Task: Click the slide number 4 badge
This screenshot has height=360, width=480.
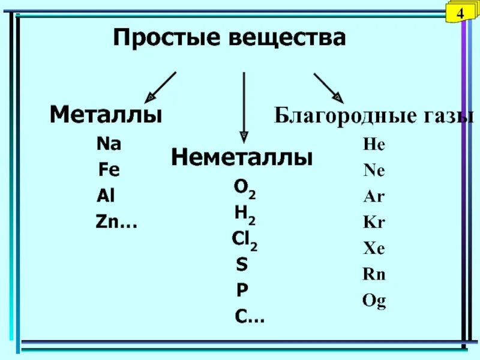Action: coord(461,13)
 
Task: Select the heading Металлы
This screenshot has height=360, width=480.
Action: coord(106,115)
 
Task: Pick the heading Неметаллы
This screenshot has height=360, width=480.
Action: coord(242,158)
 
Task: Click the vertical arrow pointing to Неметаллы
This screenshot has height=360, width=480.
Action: coord(244,106)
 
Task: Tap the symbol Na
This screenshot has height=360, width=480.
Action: coord(109,144)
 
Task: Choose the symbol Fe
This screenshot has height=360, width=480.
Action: coord(109,170)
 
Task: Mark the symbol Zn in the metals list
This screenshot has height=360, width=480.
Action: coord(107,223)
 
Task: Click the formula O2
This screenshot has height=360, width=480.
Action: coord(245,189)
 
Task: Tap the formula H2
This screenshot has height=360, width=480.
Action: coord(245,214)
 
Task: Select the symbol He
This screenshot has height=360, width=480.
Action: coord(373,145)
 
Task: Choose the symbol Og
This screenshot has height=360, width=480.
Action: coord(374,301)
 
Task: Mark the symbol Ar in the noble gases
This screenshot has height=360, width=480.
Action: coord(373,197)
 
